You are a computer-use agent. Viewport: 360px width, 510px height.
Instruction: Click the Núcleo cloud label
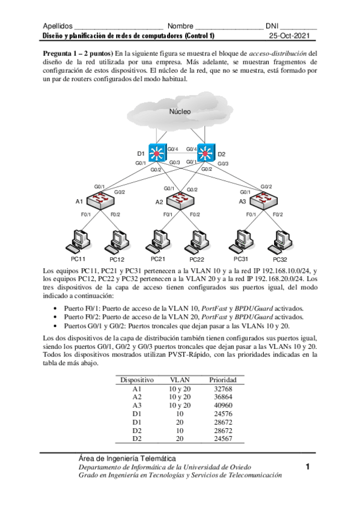click(x=180, y=111)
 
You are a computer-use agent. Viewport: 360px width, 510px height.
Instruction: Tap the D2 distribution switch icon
click(x=206, y=153)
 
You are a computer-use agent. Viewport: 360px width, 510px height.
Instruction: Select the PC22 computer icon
click(x=196, y=242)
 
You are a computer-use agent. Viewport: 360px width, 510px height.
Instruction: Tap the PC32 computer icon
click(x=279, y=242)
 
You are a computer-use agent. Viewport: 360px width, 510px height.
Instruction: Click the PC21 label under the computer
click(x=158, y=259)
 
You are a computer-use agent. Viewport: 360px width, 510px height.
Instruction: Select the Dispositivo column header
click(x=137, y=380)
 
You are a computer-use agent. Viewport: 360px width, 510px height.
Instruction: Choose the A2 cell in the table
click(x=137, y=397)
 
